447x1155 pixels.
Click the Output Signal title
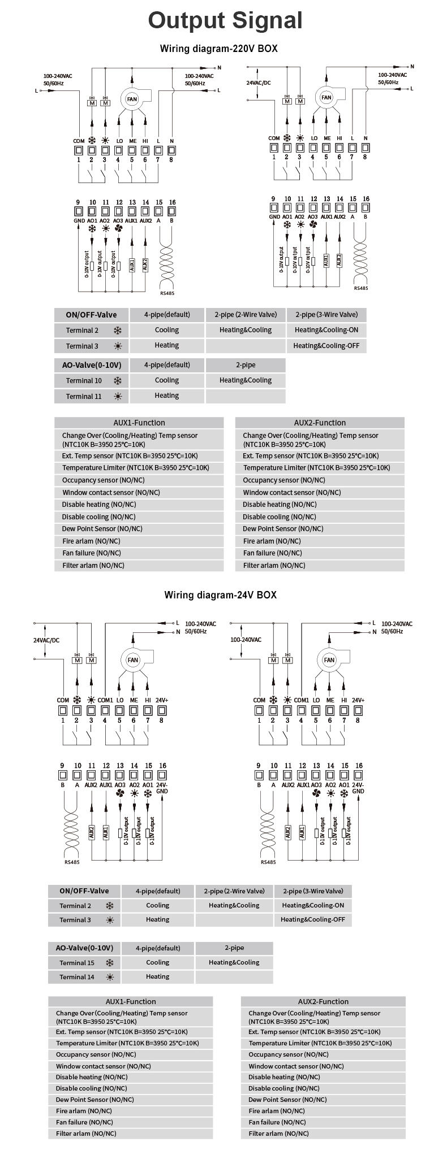pyautogui.click(x=225, y=21)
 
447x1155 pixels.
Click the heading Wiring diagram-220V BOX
pyautogui.click(x=218, y=49)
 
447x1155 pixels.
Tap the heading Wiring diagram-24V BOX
pyautogui.click(x=220, y=595)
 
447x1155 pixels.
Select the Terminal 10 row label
pyautogui.click(x=84, y=380)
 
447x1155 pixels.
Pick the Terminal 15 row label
pyautogui.click(x=77, y=962)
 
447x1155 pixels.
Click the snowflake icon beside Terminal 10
pyautogui.click(x=118, y=380)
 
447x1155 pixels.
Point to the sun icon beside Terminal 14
pyautogui.click(x=110, y=977)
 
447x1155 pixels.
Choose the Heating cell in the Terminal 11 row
pyautogui.click(x=167, y=396)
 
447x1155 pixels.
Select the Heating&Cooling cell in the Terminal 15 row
pyautogui.click(x=234, y=962)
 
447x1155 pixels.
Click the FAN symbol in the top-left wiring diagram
pyautogui.click(x=132, y=99)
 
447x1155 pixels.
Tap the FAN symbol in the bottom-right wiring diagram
pyautogui.click(x=329, y=659)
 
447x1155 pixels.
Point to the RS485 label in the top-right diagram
pyautogui.click(x=360, y=288)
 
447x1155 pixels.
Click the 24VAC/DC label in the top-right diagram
pyautogui.click(x=258, y=83)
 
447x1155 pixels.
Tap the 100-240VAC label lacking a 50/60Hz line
pyautogui.click(x=246, y=640)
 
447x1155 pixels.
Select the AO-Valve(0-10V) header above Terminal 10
pyautogui.click(x=91, y=364)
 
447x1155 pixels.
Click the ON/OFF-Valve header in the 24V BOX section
pyautogui.click(x=84, y=891)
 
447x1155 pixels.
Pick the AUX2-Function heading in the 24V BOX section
pyautogui.click(x=323, y=1001)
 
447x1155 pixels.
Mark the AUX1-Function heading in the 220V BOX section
pyautogui.click(x=139, y=423)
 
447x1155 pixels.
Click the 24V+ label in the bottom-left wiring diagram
pyautogui.click(x=161, y=700)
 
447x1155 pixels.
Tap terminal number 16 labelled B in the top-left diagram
pyautogui.click(x=172, y=202)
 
